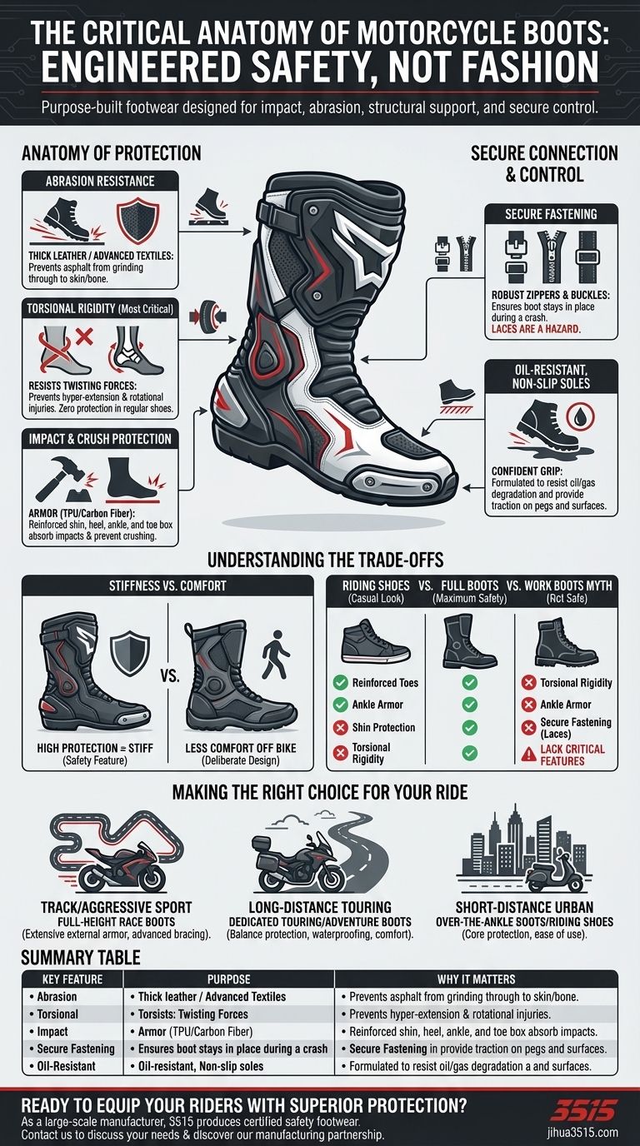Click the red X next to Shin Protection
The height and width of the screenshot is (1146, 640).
point(340,727)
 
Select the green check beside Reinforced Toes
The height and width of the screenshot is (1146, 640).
point(340,683)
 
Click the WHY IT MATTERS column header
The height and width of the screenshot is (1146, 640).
point(476,979)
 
